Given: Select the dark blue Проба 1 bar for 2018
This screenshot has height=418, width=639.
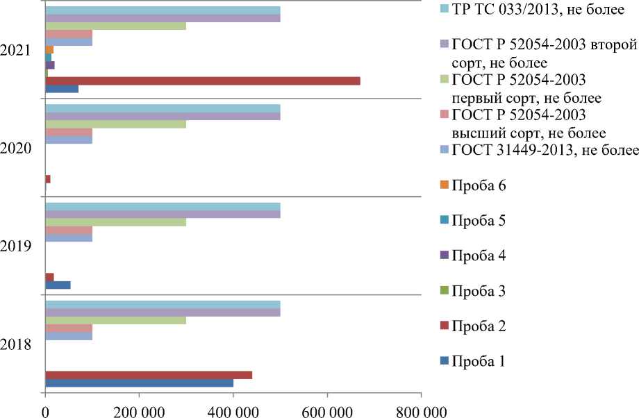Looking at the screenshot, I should pos(139,383).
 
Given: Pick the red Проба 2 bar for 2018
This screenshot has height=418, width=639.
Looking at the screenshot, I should pos(148,375).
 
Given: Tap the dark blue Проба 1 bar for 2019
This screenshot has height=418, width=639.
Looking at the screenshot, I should pos(58,285).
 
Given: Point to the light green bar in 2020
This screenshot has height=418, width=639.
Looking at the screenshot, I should pos(115,124).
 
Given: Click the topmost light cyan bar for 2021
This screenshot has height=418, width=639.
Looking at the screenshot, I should pos(163,10).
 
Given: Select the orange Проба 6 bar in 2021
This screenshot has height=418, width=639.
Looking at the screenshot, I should pos(49,49).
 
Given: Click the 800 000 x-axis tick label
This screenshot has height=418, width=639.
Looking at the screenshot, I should pos(422,410).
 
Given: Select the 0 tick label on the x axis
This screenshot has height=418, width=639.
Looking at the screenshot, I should pos(45,410).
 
